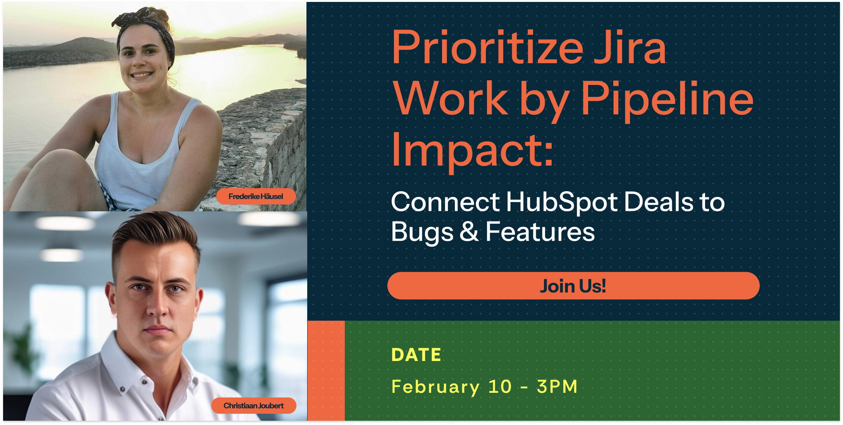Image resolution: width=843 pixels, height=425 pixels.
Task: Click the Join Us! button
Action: click(x=573, y=286)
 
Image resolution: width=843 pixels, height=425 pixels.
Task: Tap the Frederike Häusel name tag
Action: click(x=256, y=197)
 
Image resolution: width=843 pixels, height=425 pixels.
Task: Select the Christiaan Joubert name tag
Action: click(x=254, y=406)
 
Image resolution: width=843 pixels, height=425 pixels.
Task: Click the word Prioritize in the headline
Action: click(x=488, y=48)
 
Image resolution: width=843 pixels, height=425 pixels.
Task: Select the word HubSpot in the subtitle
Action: click(x=562, y=202)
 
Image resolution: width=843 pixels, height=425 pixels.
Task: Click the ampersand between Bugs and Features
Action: click(x=469, y=232)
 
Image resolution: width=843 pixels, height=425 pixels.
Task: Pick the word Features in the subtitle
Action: click(x=540, y=232)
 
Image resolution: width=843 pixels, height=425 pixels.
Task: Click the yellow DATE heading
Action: click(x=416, y=355)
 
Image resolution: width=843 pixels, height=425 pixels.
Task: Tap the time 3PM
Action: click(x=557, y=387)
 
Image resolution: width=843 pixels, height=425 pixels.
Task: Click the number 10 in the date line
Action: click(x=500, y=387)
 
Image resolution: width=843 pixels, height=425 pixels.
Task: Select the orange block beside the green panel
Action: click(x=326, y=371)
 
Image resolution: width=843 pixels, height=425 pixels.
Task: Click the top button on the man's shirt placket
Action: click(x=145, y=382)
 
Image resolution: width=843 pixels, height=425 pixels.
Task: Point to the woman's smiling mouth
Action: click(x=142, y=74)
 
